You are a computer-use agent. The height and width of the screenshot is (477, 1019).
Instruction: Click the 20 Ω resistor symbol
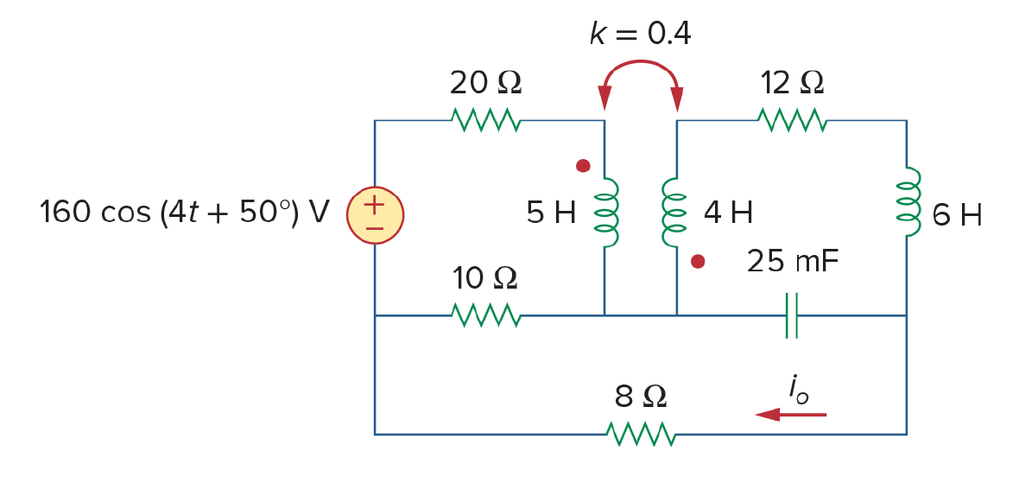[x=485, y=120]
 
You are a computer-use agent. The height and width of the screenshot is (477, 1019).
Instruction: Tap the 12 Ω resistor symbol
[x=792, y=120]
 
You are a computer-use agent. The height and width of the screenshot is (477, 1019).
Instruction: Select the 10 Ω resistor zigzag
[x=485, y=315]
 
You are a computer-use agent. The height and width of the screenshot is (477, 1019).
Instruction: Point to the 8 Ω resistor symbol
[x=642, y=434]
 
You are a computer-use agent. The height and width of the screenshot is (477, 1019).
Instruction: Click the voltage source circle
[x=375, y=214]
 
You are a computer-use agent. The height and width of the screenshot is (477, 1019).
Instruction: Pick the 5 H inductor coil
[x=607, y=213]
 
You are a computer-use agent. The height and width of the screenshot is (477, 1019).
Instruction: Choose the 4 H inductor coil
[x=674, y=213]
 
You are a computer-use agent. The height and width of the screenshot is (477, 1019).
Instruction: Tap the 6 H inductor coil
[x=908, y=202]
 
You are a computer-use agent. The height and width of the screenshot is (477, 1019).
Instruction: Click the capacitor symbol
[x=792, y=315]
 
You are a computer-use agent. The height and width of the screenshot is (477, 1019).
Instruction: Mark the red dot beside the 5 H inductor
[x=583, y=166]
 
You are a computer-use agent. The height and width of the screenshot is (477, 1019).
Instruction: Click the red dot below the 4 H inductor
[x=698, y=262]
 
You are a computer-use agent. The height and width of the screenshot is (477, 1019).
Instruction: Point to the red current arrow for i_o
[x=790, y=414]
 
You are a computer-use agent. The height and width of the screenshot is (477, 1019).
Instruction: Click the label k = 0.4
[x=640, y=35]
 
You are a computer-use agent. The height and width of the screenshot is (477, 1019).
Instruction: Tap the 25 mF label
[x=793, y=262]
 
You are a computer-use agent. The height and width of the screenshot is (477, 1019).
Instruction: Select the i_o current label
[x=798, y=390]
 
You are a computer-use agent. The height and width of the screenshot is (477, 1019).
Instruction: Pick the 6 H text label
[x=957, y=215]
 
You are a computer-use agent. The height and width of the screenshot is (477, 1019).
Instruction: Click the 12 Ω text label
[x=791, y=84]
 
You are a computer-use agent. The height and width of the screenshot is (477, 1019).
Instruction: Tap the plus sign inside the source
[x=375, y=206]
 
